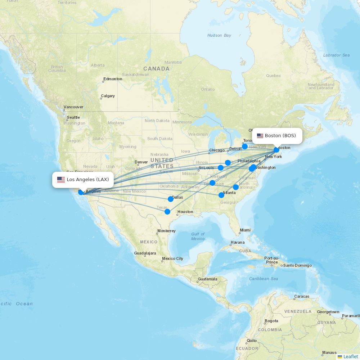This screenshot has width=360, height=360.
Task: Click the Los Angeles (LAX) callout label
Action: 83,180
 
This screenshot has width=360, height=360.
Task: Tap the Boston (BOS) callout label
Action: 276,136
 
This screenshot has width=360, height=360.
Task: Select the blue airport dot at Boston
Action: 276,150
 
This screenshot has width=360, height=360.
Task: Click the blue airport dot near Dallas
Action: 171,199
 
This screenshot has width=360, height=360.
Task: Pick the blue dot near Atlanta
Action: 221,195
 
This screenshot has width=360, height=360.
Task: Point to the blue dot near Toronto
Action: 245,147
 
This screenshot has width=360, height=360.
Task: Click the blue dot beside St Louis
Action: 221,168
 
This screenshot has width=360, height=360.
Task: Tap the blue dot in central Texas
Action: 167,212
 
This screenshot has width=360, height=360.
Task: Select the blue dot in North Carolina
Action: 236,187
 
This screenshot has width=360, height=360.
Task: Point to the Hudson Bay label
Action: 219,35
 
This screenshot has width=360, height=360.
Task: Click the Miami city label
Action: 245,230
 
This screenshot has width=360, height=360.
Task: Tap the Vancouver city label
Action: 73,107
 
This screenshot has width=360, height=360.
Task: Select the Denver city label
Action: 141,162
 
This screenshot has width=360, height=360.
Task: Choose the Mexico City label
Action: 172,258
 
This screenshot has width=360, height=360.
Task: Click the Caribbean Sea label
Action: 264,279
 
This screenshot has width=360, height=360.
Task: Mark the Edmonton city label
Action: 113,79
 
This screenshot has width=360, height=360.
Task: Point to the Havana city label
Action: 238,242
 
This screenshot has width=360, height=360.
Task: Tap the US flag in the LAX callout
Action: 61,180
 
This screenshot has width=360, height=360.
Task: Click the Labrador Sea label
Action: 336,55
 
